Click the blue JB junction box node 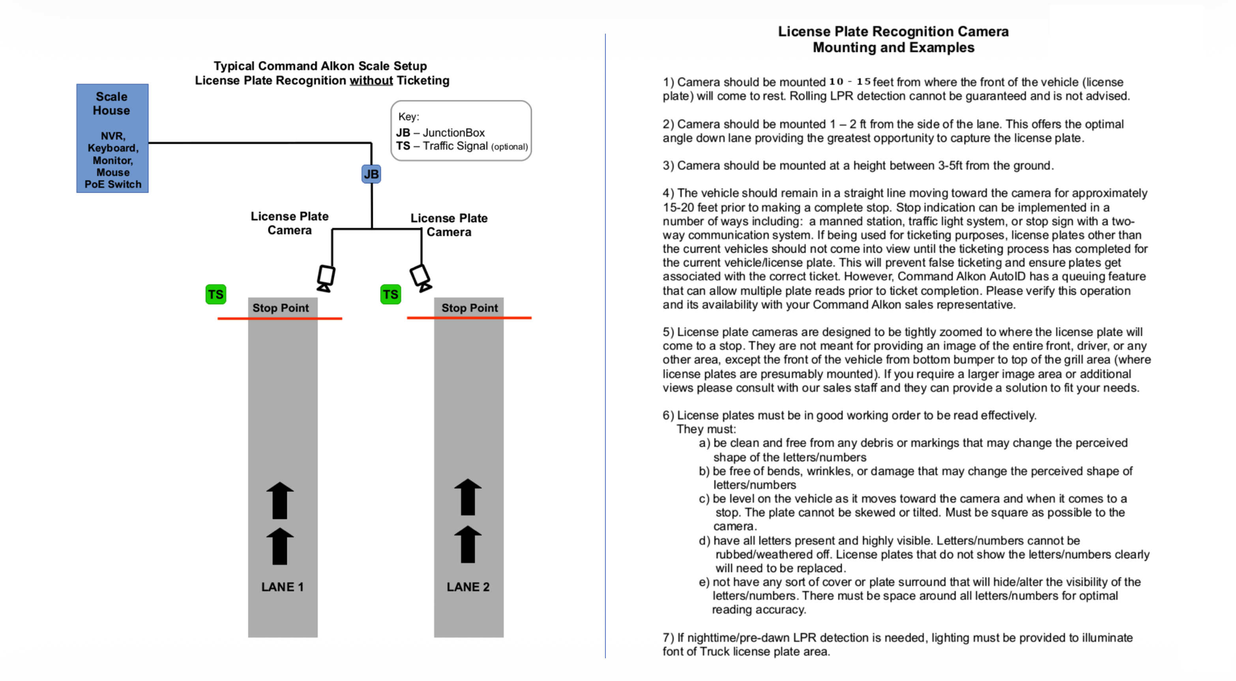click(x=371, y=174)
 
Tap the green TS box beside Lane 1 click(x=215, y=294)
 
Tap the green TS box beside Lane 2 click(x=390, y=294)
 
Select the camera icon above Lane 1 click(x=326, y=278)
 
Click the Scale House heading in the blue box click(x=111, y=103)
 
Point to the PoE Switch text click(x=113, y=184)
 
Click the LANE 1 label click(x=282, y=587)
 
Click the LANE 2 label click(x=468, y=587)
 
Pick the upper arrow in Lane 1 click(x=280, y=500)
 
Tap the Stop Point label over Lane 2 click(x=469, y=308)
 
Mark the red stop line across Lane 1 click(x=280, y=318)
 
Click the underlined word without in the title click(x=371, y=80)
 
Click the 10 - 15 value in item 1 click(x=849, y=82)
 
